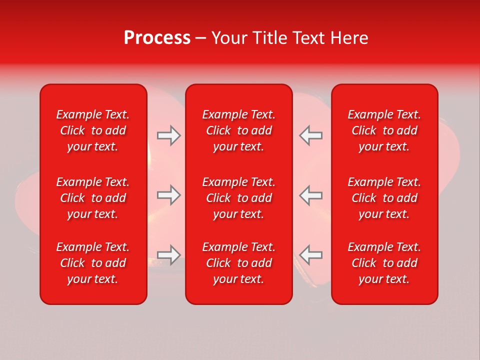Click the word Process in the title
[x=157, y=38]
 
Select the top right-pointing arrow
[x=168, y=135]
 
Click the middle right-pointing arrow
[x=168, y=195]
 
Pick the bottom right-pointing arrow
[x=168, y=255]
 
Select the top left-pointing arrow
[x=311, y=135]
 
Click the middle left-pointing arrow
[x=311, y=195]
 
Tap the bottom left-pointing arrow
[x=311, y=255]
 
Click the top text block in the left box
[x=93, y=130]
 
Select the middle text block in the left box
[x=93, y=198]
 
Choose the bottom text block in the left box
[x=93, y=263]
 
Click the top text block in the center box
[x=239, y=130]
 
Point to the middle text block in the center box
[x=239, y=198]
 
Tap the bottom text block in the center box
[x=239, y=263]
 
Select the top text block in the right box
[x=384, y=130]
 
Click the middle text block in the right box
[x=384, y=198]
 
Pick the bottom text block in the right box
[x=384, y=263]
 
